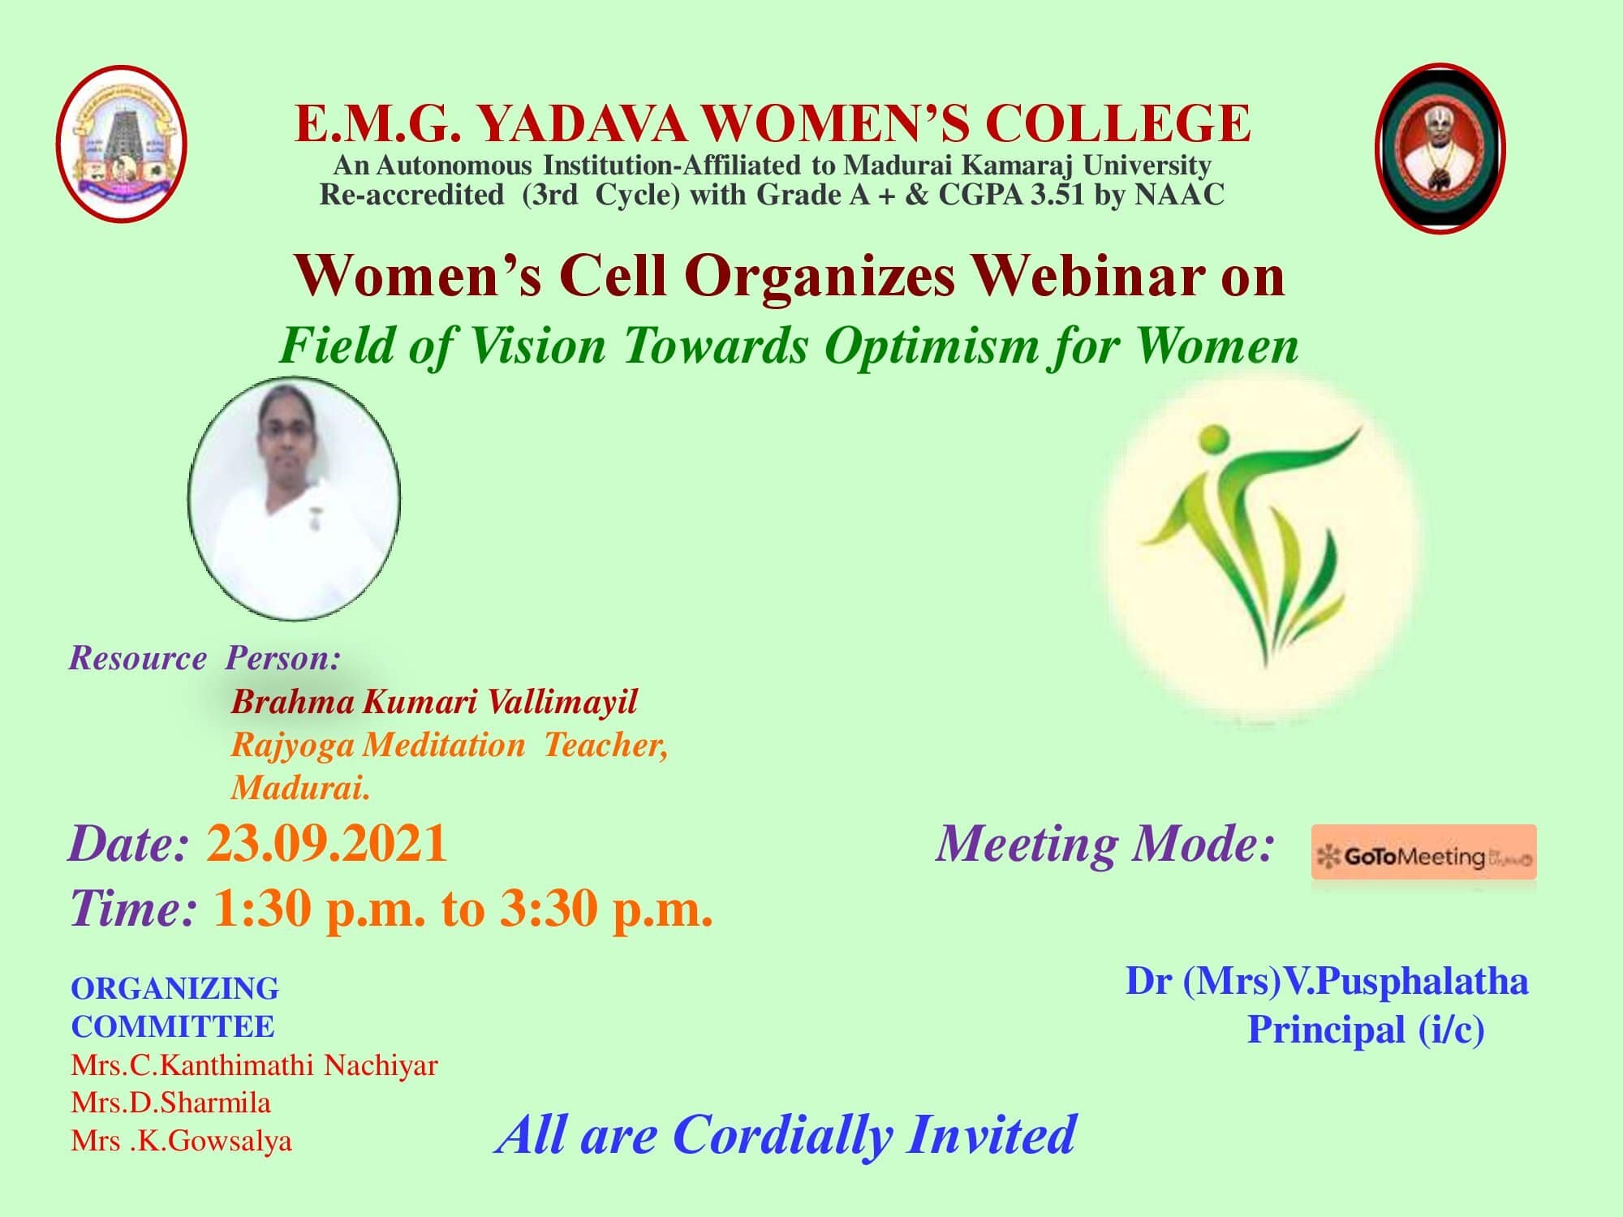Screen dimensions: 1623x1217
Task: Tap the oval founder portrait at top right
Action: point(1440,148)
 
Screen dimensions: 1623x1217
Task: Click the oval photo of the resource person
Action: point(294,498)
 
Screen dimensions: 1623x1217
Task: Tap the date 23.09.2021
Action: point(327,844)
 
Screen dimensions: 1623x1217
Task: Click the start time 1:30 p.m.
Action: point(319,910)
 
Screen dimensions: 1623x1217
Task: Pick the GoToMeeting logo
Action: point(1424,853)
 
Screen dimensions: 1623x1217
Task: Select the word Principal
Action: point(1326,1030)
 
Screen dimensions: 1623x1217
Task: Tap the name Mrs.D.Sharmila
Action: point(171,1103)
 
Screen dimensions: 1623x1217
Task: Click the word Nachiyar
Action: point(381,1065)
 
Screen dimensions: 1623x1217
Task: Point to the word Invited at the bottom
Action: point(992,1134)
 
